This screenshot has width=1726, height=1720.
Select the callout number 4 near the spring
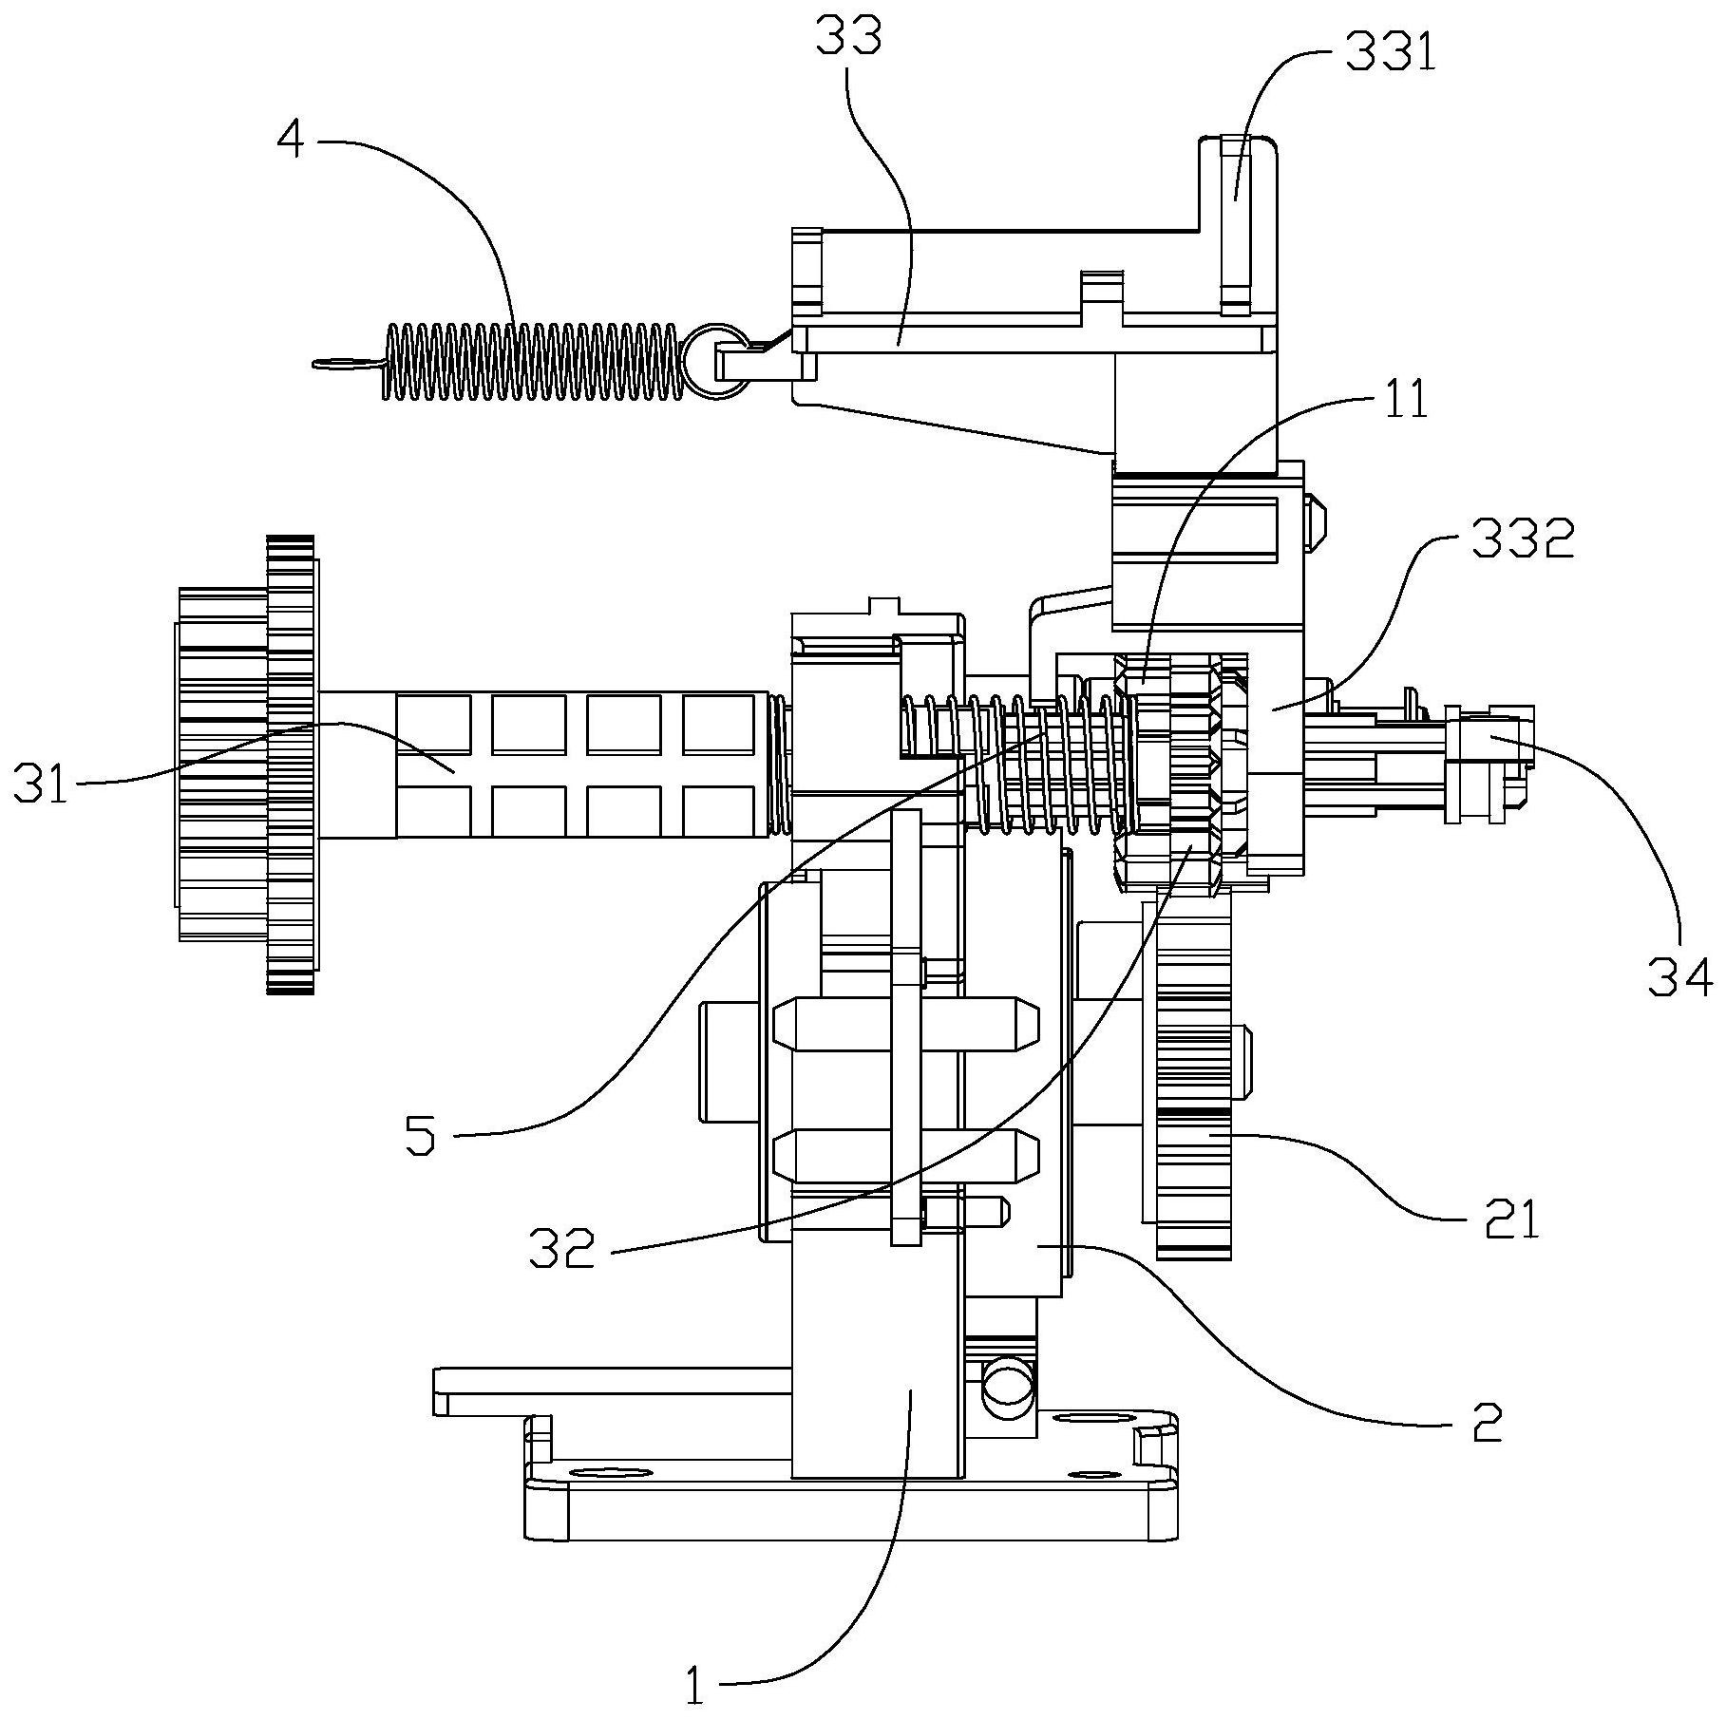pos(291,142)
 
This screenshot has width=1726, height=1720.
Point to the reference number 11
pos(1407,400)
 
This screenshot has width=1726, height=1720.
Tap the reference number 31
pos(42,784)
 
